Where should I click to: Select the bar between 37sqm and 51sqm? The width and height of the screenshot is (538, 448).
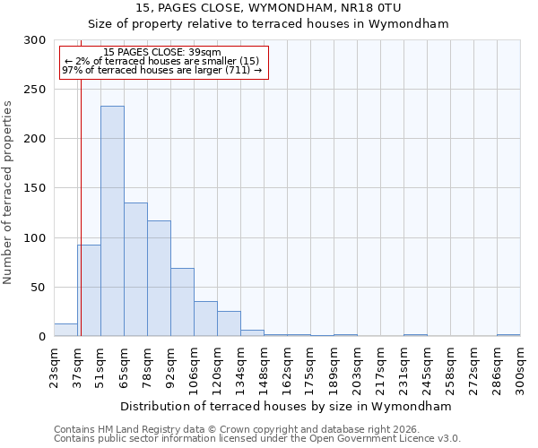(89, 290)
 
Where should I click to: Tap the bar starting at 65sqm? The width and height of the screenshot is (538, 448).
(135, 270)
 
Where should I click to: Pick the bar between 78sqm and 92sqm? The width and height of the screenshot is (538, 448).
(159, 279)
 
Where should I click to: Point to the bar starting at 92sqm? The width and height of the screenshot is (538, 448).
(182, 302)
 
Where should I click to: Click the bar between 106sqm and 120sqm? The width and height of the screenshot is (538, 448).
(205, 319)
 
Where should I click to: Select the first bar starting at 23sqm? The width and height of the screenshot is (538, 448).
(65, 330)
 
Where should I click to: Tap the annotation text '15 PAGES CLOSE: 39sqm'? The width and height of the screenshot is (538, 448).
(161, 53)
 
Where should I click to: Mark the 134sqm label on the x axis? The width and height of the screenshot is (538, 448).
(241, 366)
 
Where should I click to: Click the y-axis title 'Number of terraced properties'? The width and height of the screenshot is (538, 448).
(8, 192)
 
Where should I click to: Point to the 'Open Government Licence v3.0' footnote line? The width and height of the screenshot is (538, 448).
(256, 439)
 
